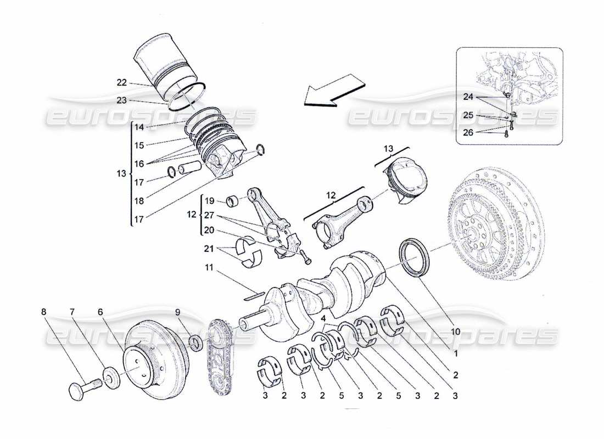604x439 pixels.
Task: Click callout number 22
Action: point(121,83)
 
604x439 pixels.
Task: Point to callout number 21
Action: point(209,249)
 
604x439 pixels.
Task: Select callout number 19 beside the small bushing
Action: point(208,201)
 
